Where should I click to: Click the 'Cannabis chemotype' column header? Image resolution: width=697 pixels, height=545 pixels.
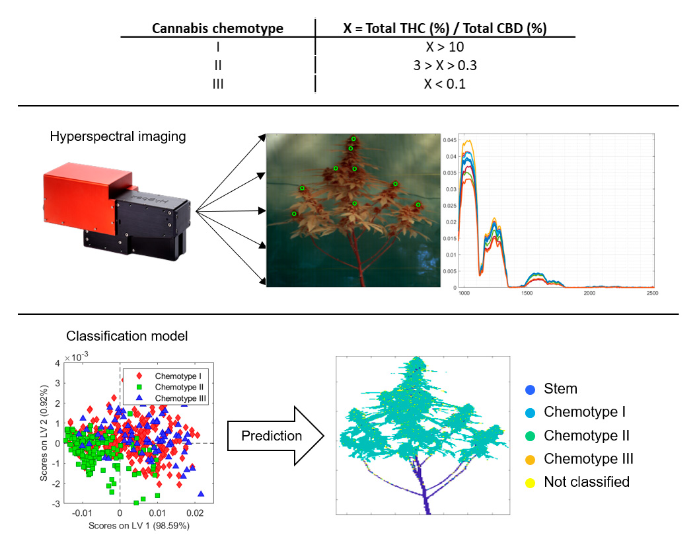tap(217, 28)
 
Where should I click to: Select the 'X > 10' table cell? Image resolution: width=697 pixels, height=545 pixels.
tap(445, 47)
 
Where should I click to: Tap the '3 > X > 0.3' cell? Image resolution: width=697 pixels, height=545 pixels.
tap(445, 65)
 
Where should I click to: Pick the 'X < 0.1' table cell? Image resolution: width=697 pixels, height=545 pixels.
tap(445, 84)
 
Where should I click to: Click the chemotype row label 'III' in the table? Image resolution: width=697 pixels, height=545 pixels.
tap(217, 84)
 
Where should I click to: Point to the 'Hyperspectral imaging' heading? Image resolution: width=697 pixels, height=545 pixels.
tap(118, 137)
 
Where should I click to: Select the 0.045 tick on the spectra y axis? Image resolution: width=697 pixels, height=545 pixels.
tap(449, 141)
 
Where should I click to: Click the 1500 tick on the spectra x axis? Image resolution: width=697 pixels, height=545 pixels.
tap(527, 292)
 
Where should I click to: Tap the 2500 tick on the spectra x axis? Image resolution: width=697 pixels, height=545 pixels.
tap(651, 292)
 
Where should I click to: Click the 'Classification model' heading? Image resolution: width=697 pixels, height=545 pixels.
tap(127, 336)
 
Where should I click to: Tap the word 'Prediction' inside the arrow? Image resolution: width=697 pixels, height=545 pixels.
tap(272, 436)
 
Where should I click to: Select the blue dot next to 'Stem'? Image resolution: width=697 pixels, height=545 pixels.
tap(530, 389)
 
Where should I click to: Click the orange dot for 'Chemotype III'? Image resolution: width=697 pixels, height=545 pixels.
tap(530, 459)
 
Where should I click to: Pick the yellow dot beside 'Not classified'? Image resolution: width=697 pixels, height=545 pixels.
tap(530, 482)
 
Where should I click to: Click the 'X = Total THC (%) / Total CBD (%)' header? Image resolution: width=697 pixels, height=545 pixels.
tap(445, 28)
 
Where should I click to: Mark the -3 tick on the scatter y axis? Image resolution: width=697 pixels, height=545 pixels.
tap(57, 504)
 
